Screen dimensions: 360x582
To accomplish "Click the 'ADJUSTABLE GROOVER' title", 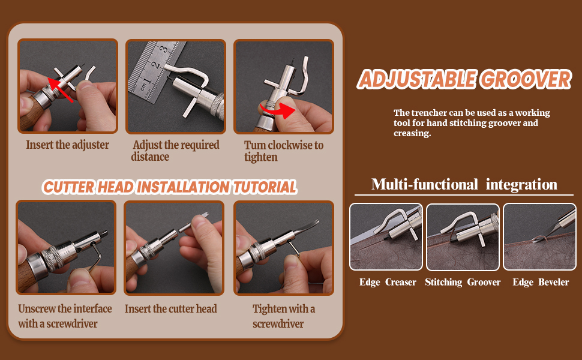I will pyautogui.click(x=464, y=80).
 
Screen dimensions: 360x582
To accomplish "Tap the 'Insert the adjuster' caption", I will pyautogui.click(x=67, y=145).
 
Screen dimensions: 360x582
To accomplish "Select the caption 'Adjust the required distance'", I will pyautogui.click(x=175, y=151).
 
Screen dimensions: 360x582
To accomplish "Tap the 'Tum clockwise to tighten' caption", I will pyautogui.click(x=283, y=151).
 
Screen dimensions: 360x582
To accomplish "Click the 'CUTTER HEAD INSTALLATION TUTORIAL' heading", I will pyautogui.click(x=170, y=187).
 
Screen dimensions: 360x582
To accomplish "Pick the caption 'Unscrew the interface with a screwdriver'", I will pyautogui.click(x=65, y=316).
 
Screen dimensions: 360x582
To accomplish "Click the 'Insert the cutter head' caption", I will pyautogui.click(x=170, y=309).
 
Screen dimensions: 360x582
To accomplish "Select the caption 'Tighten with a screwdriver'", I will pyautogui.click(x=283, y=316).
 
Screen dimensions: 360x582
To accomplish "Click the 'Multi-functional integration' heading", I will pyautogui.click(x=464, y=184).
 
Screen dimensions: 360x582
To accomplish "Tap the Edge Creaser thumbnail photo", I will pyautogui.click(x=386, y=237).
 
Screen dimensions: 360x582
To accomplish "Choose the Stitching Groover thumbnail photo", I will pyautogui.click(x=463, y=237).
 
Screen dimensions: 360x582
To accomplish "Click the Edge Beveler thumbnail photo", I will pyautogui.click(x=539, y=237).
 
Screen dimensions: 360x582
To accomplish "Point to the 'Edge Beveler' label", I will pyautogui.click(x=541, y=282).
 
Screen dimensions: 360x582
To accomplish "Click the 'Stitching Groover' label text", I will pyautogui.click(x=463, y=282).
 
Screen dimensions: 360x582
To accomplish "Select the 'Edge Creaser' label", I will pyautogui.click(x=388, y=282).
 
